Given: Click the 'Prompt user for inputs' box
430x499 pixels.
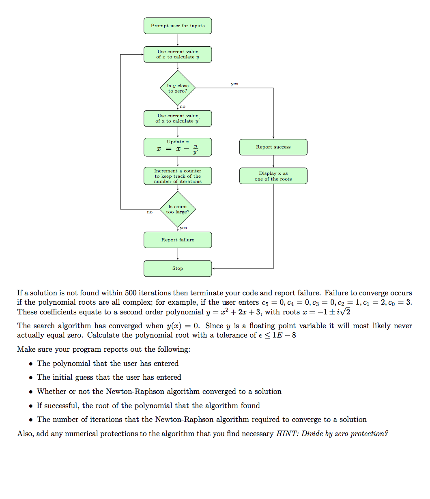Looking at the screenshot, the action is [x=177, y=26].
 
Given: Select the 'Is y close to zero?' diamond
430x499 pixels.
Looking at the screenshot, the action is [x=178, y=88].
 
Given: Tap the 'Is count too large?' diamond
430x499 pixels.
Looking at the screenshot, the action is [x=178, y=209].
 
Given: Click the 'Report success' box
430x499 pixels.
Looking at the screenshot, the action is [x=273, y=147].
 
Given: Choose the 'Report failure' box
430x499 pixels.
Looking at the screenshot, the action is [x=177, y=240].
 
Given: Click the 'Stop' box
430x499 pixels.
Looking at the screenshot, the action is [x=177, y=268].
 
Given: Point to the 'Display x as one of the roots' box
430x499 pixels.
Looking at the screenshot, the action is [x=273, y=176].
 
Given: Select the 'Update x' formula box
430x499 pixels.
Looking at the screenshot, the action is [x=177, y=147].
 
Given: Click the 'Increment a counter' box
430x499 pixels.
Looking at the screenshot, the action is [x=177, y=176].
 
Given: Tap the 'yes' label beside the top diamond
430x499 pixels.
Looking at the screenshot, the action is [x=234, y=84].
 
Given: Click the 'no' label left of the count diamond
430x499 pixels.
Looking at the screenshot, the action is [x=149, y=212].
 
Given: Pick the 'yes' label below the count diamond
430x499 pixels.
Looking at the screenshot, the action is [x=183, y=228].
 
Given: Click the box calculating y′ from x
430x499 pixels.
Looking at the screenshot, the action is [x=177, y=118].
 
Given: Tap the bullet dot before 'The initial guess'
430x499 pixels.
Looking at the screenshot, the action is [x=31, y=378].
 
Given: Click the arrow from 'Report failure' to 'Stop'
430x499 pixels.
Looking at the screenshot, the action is [x=178, y=254].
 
